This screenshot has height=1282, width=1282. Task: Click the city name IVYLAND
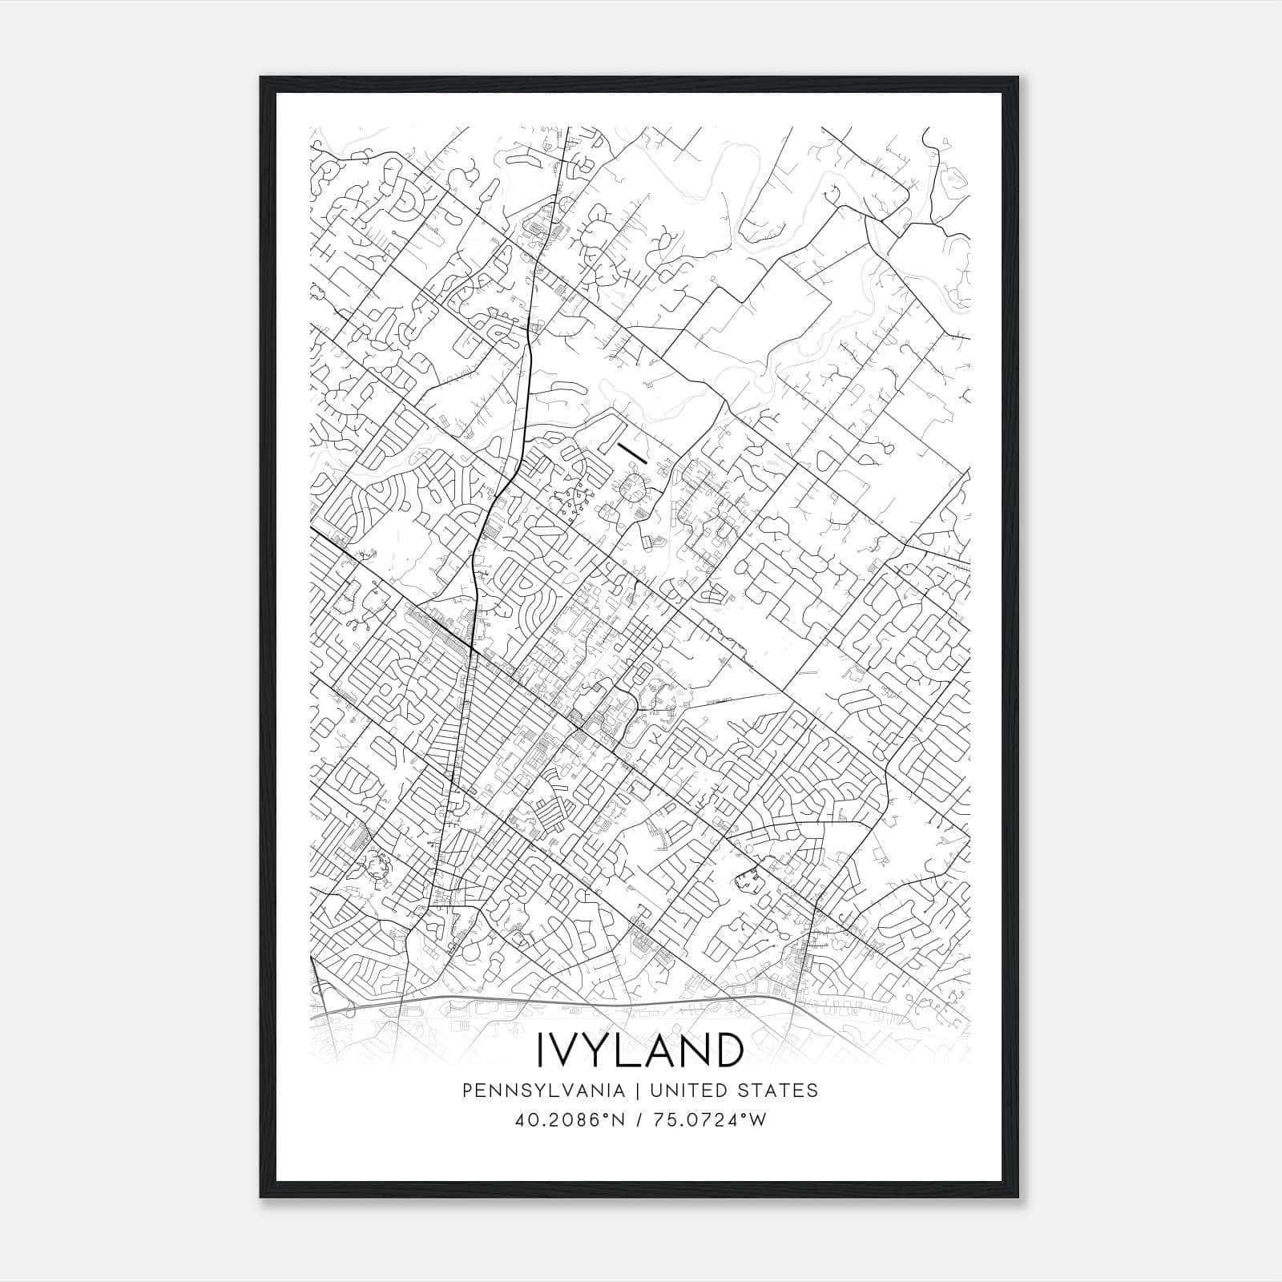point(640,1050)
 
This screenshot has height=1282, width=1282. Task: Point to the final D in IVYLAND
point(727,1050)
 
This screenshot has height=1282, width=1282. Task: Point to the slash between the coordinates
point(639,1120)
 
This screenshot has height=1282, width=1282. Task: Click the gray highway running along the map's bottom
point(561,1001)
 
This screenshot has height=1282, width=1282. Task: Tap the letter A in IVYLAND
point(667,1050)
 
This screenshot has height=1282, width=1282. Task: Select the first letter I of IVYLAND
point(541,1050)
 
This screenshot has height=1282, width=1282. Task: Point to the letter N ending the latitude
point(618,1120)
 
